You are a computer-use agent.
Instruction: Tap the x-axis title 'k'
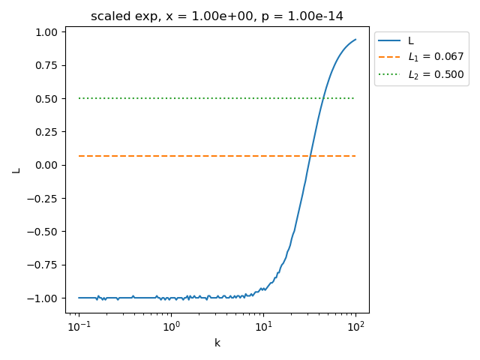pyautogui.click(x=217, y=343)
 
